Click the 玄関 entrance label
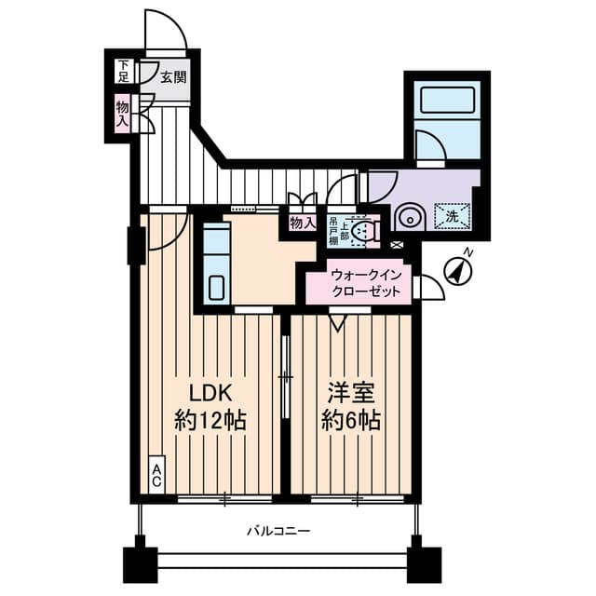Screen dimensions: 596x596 click(172, 77)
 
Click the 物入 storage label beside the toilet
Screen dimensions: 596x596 click(301, 223)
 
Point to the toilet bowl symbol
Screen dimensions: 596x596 click(368, 229)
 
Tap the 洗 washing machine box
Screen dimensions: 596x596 click(451, 216)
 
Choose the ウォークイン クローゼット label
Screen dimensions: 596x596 click(366, 283)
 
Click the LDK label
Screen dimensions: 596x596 click(210, 391)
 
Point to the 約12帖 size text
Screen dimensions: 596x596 click(210, 420)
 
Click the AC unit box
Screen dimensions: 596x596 click(157, 475)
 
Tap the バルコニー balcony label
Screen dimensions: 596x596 click(278, 531)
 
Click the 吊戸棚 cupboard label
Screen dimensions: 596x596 click(334, 229)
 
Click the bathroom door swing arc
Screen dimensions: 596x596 click(431, 147)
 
